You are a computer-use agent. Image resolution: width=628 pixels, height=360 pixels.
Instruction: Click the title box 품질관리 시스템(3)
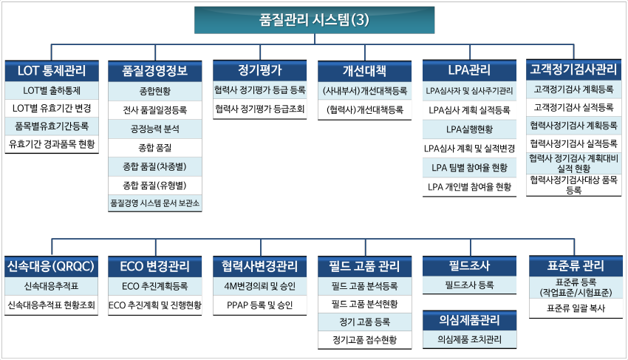point(315,20)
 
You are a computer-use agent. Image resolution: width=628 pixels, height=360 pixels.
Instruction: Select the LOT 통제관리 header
point(52,71)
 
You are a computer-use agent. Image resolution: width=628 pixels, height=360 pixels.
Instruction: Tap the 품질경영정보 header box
point(155,71)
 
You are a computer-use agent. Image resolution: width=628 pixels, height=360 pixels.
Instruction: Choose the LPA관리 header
point(469,70)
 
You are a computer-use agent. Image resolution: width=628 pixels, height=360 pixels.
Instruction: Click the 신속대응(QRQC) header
point(51,267)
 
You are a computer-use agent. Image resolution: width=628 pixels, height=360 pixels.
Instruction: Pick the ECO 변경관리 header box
point(155,267)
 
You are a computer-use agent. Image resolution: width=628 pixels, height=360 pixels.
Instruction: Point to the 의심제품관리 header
point(469,320)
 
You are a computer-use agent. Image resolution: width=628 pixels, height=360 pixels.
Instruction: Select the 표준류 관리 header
point(576,266)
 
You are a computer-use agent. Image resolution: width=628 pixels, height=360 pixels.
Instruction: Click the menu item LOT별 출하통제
point(52,91)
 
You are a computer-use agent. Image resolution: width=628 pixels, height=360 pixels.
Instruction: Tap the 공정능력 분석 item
point(155,129)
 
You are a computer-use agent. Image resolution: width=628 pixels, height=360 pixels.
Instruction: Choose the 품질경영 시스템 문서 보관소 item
point(155,203)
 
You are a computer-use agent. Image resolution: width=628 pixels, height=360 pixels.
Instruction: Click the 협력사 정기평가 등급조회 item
point(260,109)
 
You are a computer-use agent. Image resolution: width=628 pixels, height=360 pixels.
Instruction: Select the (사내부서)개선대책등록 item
point(365,91)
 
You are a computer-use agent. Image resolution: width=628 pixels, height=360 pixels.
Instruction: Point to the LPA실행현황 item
point(469,129)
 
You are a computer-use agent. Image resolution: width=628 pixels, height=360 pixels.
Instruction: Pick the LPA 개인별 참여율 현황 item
point(469,187)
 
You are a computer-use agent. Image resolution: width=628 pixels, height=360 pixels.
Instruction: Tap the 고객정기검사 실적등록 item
point(573,107)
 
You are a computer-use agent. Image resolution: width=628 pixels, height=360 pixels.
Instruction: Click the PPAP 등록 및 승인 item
point(260,305)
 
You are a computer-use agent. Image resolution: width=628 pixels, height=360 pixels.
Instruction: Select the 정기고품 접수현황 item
point(365,340)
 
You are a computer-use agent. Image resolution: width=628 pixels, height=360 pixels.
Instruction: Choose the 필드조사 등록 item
point(469,285)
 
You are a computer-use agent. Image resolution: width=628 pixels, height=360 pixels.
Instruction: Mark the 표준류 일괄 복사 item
point(576,308)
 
